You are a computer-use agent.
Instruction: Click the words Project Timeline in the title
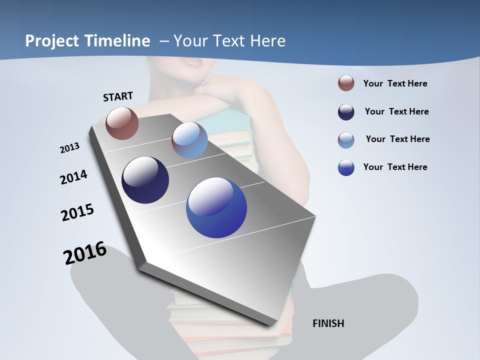click(87, 41)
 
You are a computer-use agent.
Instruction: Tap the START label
click(118, 96)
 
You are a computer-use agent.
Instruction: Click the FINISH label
click(328, 323)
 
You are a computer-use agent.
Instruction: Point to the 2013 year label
click(69, 148)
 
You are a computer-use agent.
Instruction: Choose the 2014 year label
click(73, 177)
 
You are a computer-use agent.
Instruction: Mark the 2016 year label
click(85, 253)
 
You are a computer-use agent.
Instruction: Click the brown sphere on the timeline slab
click(122, 123)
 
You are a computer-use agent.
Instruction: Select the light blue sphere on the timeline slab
click(189, 140)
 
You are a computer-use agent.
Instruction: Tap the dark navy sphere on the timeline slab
click(145, 180)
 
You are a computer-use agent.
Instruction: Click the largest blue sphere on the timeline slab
click(216, 207)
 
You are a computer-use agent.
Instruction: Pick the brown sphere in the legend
click(346, 83)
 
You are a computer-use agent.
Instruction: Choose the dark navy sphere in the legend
click(346, 112)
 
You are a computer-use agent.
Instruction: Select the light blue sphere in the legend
click(346, 140)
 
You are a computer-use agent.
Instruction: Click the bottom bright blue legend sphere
click(346, 167)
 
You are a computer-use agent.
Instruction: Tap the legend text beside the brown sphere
click(395, 83)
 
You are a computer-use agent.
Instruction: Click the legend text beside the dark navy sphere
click(396, 111)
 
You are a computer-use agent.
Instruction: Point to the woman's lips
click(192, 62)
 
